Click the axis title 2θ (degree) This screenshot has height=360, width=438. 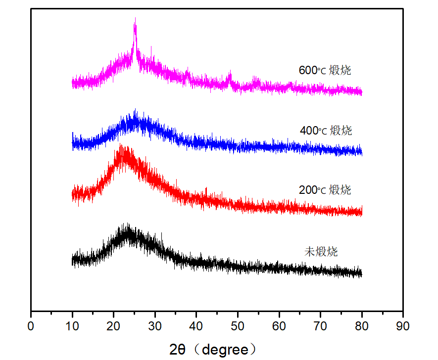tap(213, 350)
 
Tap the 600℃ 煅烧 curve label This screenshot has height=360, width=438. tap(325, 70)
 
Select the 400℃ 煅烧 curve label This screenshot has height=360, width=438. tap(326, 131)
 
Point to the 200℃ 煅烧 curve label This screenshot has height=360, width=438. tap(325, 190)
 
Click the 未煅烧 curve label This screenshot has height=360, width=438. tap(321, 251)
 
